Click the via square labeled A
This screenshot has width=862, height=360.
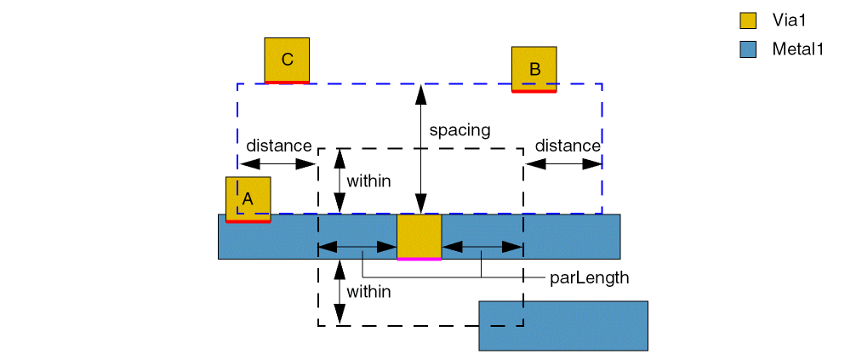tap(248, 199)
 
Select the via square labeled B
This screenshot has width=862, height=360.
tap(534, 69)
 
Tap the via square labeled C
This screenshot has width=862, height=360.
tap(287, 60)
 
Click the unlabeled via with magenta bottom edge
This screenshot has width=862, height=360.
tap(420, 237)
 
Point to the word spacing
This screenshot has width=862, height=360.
tap(460, 130)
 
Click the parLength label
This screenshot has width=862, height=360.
tap(590, 277)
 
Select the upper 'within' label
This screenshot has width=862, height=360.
tap(368, 180)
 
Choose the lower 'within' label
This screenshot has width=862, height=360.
tap(368, 292)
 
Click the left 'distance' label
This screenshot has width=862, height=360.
tap(278, 146)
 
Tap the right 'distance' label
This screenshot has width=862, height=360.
tap(568, 146)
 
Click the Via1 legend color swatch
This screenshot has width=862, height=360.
tap(748, 20)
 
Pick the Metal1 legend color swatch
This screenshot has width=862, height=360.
tap(748, 49)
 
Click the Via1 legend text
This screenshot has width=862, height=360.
tap(790, 20)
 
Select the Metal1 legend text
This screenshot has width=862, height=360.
tap(798, 49)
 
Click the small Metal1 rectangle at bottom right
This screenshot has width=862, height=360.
tap(563, 325)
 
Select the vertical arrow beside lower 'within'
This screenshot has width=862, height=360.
tap(340, 292)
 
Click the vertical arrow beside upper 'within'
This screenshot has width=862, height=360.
tap(340, 180)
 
